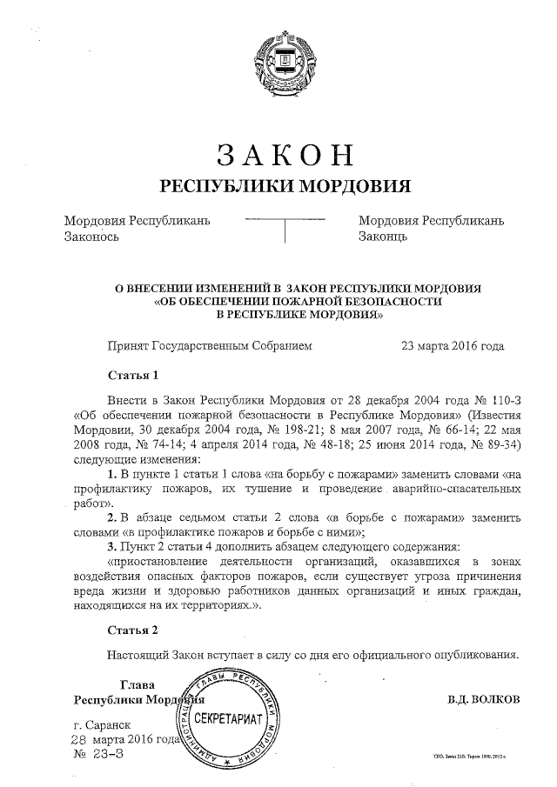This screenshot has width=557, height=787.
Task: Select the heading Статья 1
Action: pos(132,377)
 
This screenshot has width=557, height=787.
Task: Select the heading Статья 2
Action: pos(132,629)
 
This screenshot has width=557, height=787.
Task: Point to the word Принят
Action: pos(127,345)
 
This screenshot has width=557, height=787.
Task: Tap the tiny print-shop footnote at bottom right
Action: pos(468,757)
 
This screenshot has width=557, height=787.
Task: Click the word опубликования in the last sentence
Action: pos(466,655)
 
